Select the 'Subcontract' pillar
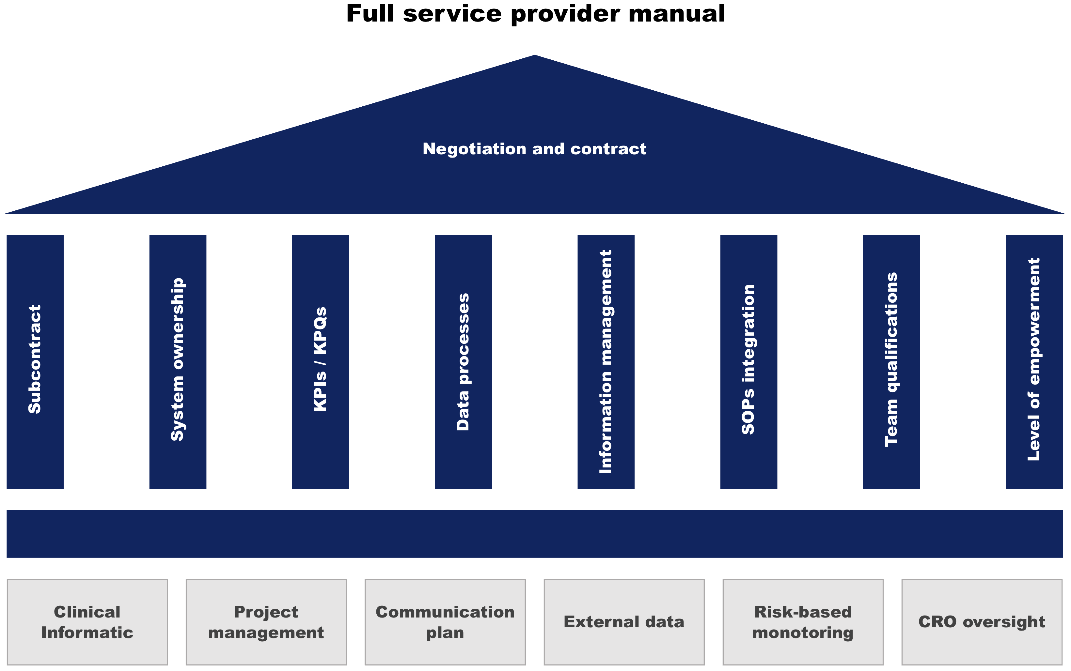(x=35, y=362)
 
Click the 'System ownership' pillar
(x=178, y=362)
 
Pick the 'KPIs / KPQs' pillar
(x=321, y=362)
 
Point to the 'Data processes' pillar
(x=463, y=362)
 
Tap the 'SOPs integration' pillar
(x=748, y=362)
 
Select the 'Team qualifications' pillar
(x=891, y=362)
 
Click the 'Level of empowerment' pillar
(x=1034, y=362)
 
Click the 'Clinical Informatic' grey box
(x=87, y=622)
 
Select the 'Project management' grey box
(x=266, y=622)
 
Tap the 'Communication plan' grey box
(x=445, y=622)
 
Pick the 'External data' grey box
(x=624, y=622)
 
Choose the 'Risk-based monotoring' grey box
(x=803, y=622)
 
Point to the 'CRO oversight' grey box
(x=982, y=622)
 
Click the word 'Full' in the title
(x=371, y=14)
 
